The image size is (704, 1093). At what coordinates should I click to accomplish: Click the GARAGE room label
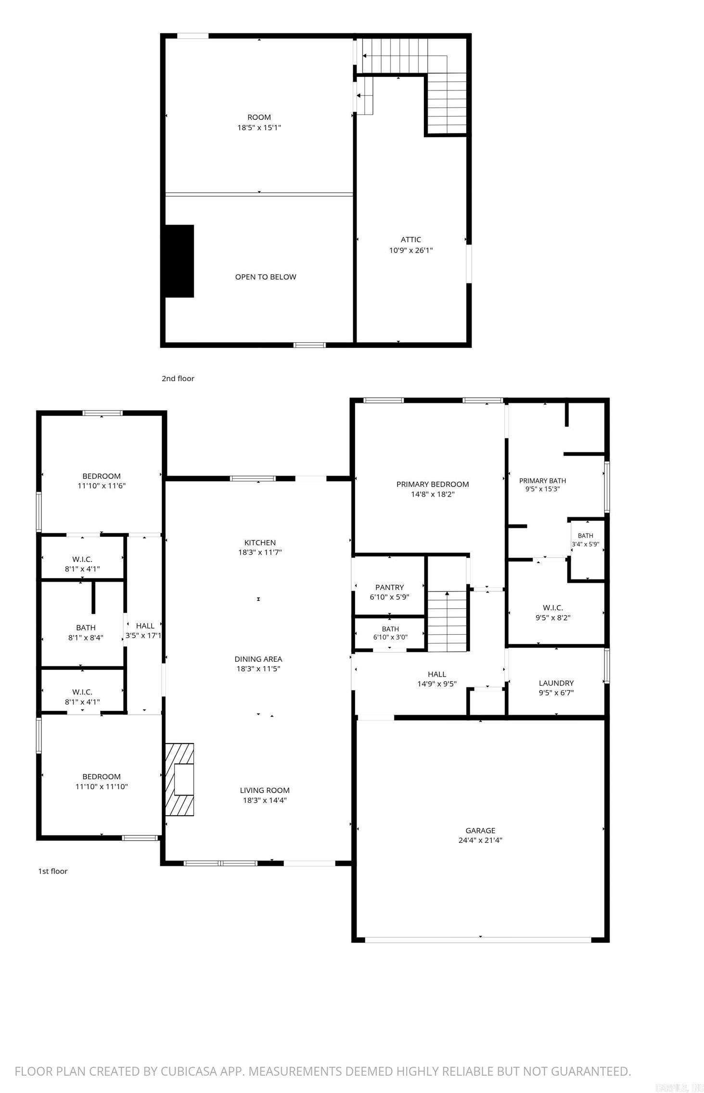point(480,830)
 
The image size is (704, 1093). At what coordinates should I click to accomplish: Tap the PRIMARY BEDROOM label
point(433,484)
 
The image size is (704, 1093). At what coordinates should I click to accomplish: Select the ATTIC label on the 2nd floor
point(411,240)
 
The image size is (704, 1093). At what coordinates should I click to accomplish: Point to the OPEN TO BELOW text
point(266,277)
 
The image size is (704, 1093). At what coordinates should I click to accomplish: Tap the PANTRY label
point(390,587)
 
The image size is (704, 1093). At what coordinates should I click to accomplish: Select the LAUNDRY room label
point(556,683)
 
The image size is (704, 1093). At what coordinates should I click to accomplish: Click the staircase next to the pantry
point(448,621)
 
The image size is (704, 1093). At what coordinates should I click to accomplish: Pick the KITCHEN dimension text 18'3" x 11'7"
point(260,553)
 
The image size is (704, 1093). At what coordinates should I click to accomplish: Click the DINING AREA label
point(258,659)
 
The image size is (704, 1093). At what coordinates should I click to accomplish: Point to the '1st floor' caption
point(53,871)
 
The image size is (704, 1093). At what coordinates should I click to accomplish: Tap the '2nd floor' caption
point(178,378)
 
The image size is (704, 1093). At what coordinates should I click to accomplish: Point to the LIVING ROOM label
point(265,790)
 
